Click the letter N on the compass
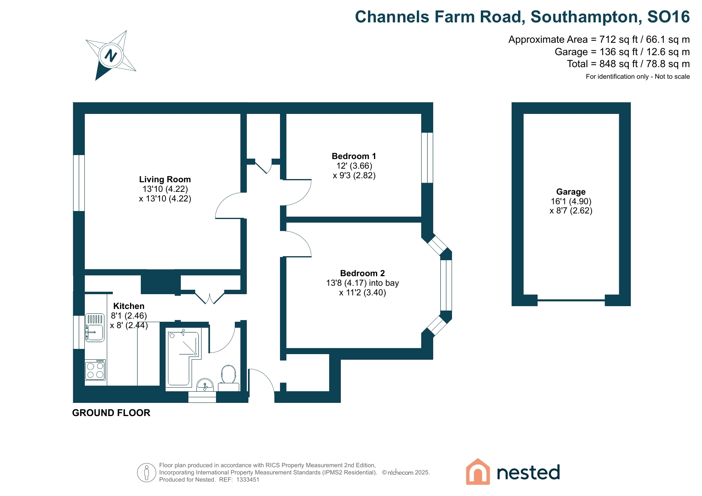[x=111, y=56]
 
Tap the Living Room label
[x=165, y=179]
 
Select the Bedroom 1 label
[x=354, y=156]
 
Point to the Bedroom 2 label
[x=362, y=273]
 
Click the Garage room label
[x=570, y=192]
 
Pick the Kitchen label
[x=128, y=306]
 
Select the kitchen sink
[x=95, y=328]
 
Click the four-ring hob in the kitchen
[x=95, y=370]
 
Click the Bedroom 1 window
[x=427, y=157]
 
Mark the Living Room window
[x=79, y=183]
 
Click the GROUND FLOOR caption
[x=111, y=413]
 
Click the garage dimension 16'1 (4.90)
[x=571, y=201]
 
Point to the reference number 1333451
[x=248, y=480]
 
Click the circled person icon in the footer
[x=146, y=472]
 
